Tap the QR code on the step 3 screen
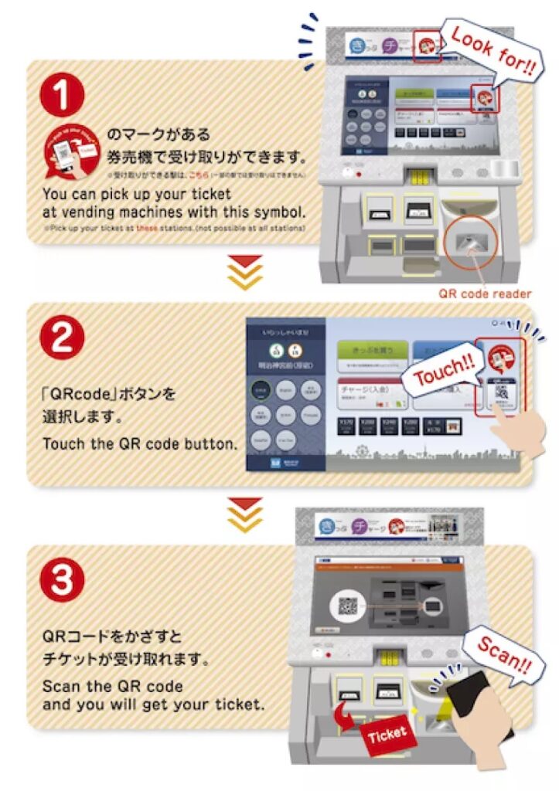348,606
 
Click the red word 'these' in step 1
146,229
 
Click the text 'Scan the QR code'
113,686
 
